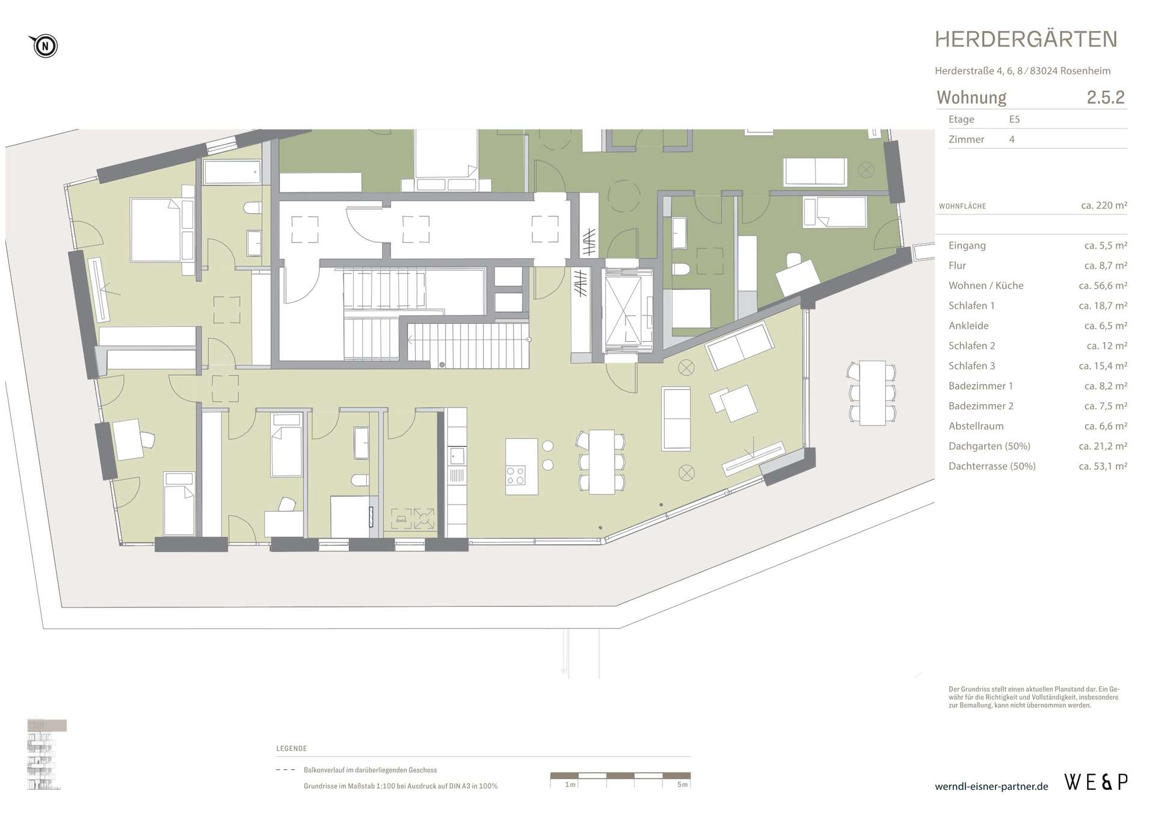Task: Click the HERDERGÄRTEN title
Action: coord(1026,40)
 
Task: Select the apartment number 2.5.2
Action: coord(1106,98)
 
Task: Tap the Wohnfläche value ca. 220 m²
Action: coord(1104,205)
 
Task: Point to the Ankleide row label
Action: coord(969,326)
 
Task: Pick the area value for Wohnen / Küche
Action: coord(1103,286)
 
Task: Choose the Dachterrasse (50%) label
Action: coord(992,466)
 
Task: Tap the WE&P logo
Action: coord(1096,781)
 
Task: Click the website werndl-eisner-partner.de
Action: coord(991,786)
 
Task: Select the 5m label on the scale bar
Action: coord(682,784)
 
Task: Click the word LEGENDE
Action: coord(292,748)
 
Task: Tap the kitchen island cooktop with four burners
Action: coord(516,475)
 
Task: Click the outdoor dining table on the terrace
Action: coord(872,393)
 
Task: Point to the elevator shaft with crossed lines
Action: coord(627,311)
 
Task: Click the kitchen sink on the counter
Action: coord(457,456)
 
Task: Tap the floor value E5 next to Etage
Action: coord(1014,119)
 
